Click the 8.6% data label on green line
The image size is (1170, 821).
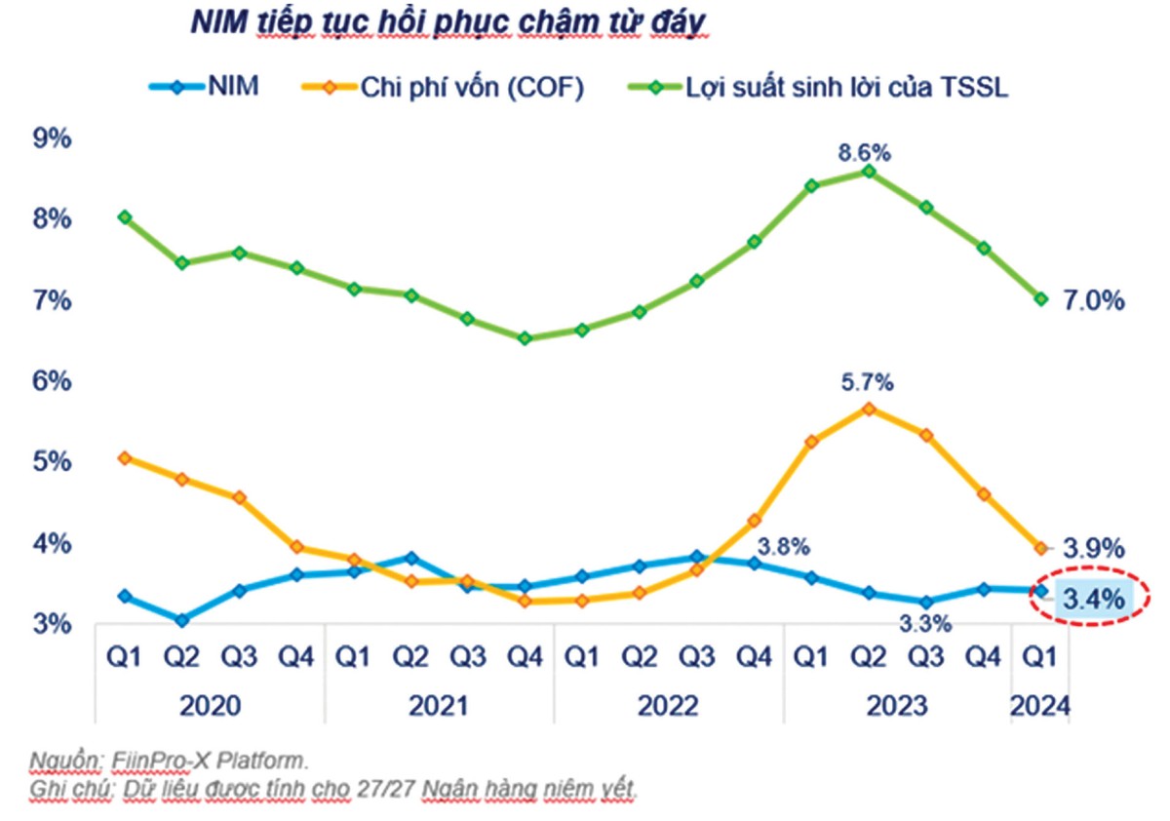click(867, 153)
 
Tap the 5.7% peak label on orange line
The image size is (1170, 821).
click(867, 383)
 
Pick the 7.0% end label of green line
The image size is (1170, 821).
click(1092, 300)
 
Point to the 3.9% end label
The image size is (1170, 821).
click(1092, 547)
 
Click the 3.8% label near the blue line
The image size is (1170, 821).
click(783, 547)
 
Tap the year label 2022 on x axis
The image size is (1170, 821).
click(669, 706)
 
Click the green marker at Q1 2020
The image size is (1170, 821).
click(125, 217)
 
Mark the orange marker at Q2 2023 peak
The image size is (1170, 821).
click(868, 409)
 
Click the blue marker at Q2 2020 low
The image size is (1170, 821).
click(182, 620)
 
